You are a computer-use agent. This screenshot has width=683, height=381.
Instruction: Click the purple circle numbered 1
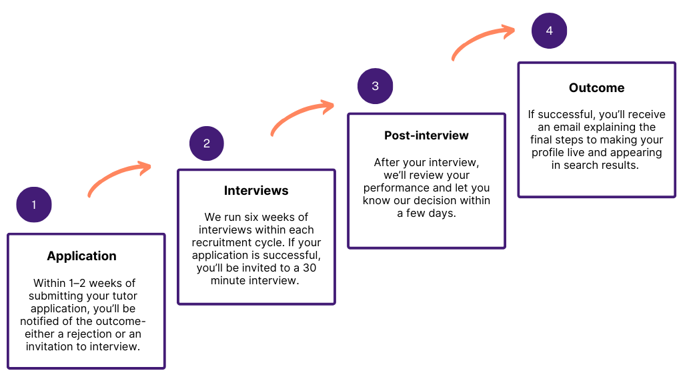coord(34,204)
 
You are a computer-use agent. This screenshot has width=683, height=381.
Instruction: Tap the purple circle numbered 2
coord(207,143)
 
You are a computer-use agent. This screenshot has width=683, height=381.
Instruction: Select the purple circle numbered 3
coord(375,86)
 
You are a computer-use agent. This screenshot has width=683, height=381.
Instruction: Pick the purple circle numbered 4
coord(550,31)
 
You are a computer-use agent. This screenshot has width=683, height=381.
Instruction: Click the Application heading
coord(82,256)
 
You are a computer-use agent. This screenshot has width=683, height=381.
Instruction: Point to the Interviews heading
coord(256,191)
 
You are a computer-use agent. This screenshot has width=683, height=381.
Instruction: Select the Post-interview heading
coord(426,135)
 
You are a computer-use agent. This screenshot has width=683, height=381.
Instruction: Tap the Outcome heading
coord(597,87)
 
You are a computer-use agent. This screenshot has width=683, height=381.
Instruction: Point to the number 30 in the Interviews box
coord(309,268)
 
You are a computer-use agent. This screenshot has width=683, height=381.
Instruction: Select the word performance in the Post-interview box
coord(396,188)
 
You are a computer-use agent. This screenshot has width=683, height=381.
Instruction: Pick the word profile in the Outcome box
coord(546,153)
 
